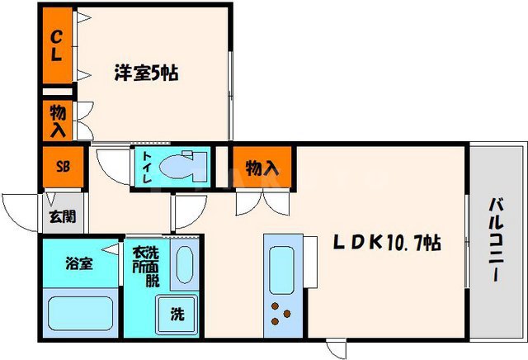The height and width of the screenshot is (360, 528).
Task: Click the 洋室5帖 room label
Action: tap(146, 73)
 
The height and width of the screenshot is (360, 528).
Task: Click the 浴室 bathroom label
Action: tap(79, 264)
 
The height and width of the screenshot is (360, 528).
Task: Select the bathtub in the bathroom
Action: tap(80, 314)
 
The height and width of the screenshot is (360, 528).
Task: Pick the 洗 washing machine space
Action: tap(177, 314)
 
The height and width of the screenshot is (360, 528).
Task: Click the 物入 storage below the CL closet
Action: tap(58, 121)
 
